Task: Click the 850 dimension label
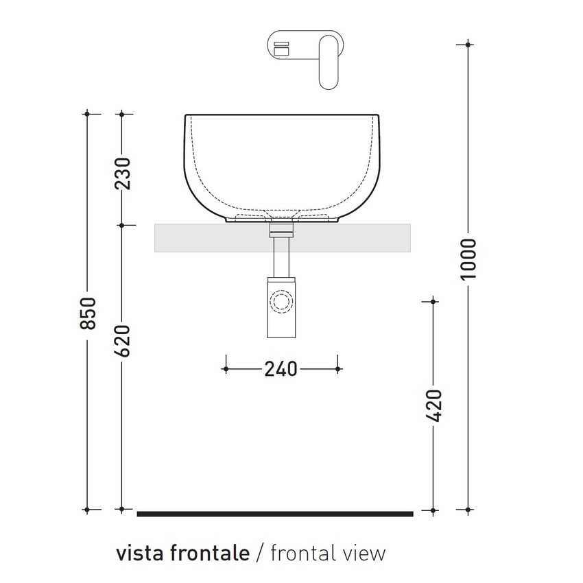click(87, 312)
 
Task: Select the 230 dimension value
click(121, 174)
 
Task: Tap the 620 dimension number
click(121, 341)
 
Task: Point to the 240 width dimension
click(281, 368)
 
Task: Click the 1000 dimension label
click(468, 259)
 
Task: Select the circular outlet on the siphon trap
click(281, 301)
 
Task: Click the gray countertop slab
click(206, 237)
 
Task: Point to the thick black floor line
click(274, 513)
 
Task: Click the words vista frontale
click(182, 553)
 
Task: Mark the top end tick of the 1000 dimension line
click(468, 45)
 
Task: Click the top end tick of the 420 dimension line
click(433, 300)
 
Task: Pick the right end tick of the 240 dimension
click(337, 368)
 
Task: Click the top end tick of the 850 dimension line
click(87, 112)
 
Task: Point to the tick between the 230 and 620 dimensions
click(121, 224)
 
